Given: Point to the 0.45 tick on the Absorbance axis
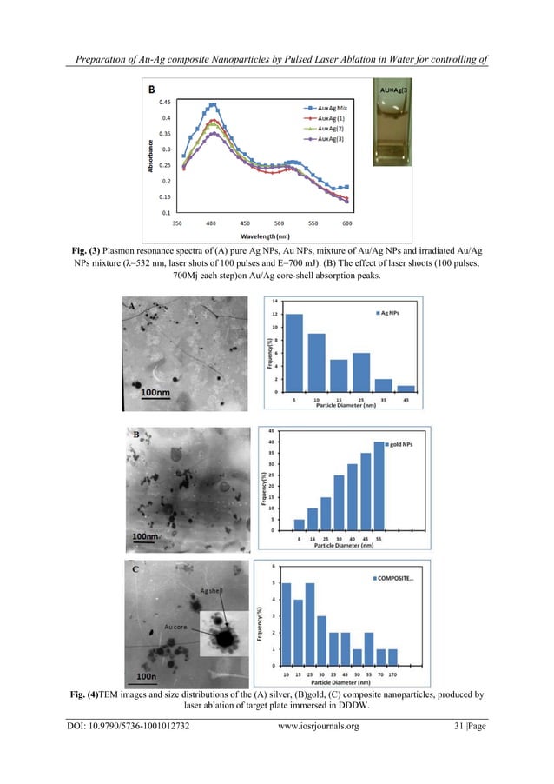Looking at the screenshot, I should point(164,102).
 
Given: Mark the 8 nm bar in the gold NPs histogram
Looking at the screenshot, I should point(300,525).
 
